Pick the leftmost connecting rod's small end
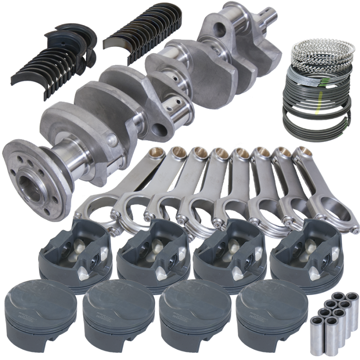coord(157,153)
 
